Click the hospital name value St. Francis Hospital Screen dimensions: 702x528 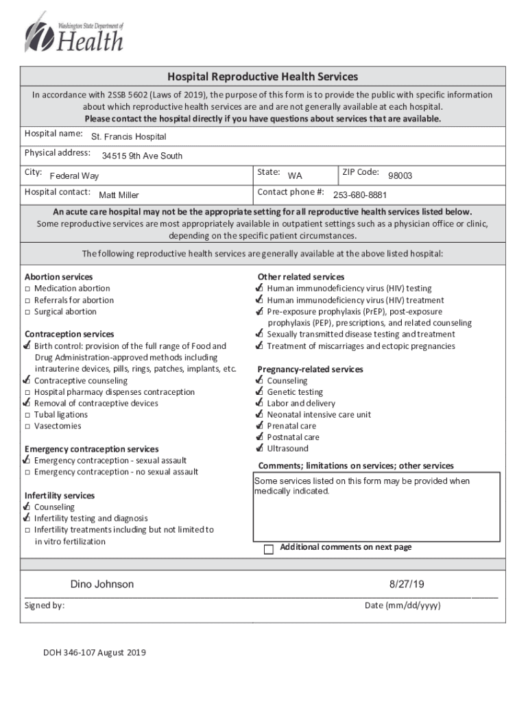128,137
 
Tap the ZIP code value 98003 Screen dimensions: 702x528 400,176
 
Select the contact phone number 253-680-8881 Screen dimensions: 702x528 360,195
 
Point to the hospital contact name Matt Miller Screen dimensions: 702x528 119,195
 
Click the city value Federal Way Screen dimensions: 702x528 74,176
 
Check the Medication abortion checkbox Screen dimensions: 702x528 28,289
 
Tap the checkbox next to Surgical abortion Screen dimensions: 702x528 28,313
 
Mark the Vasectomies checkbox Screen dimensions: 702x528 28,426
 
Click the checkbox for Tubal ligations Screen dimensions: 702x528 28,415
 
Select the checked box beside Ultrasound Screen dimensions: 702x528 259,449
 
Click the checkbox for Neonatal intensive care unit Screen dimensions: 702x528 259,415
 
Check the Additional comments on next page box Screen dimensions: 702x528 269,549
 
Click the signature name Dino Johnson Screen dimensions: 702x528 102,585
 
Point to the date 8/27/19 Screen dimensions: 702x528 407,585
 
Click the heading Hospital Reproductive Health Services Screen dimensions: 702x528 263,77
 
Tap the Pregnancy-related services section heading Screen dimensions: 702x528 310,370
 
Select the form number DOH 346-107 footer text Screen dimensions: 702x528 95,653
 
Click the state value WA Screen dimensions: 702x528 295,176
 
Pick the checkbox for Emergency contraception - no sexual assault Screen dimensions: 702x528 28,472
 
